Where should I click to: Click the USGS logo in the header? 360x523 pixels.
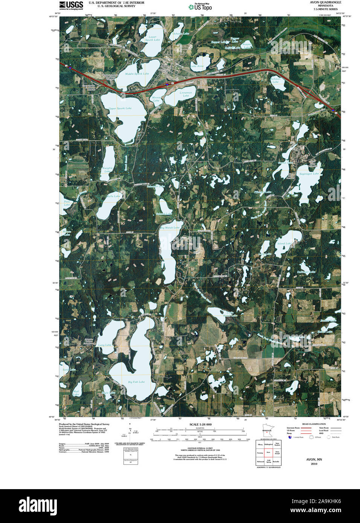click(x=71, y=5)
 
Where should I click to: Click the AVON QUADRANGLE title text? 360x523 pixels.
click(x=325, y=2)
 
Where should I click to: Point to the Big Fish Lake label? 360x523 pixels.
click(x=136, y=382)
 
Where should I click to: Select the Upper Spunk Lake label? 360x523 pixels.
click(x=120, y=108)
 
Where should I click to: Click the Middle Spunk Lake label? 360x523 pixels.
click(x=137, y=74)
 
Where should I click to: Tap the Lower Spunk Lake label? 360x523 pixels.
click(x=153, y=38)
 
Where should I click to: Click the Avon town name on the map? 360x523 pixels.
click(x=165, y=65)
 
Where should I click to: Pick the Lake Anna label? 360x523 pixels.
click(x=197, y=66)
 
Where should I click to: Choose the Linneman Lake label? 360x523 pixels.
click(x=186, y=94)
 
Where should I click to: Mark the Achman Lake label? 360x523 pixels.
click(x=276, y=80)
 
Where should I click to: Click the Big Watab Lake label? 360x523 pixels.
click(x=170, y=228)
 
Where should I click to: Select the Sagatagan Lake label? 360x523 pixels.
click(x=309, y=173)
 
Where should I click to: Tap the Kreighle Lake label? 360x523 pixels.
click(x=107, y=170)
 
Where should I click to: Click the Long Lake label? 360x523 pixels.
click(x=105, y=345)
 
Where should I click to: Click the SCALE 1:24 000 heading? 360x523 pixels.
click(x=200, y=424)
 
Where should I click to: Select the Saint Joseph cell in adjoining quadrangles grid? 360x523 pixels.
click(x=277, y=453)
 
